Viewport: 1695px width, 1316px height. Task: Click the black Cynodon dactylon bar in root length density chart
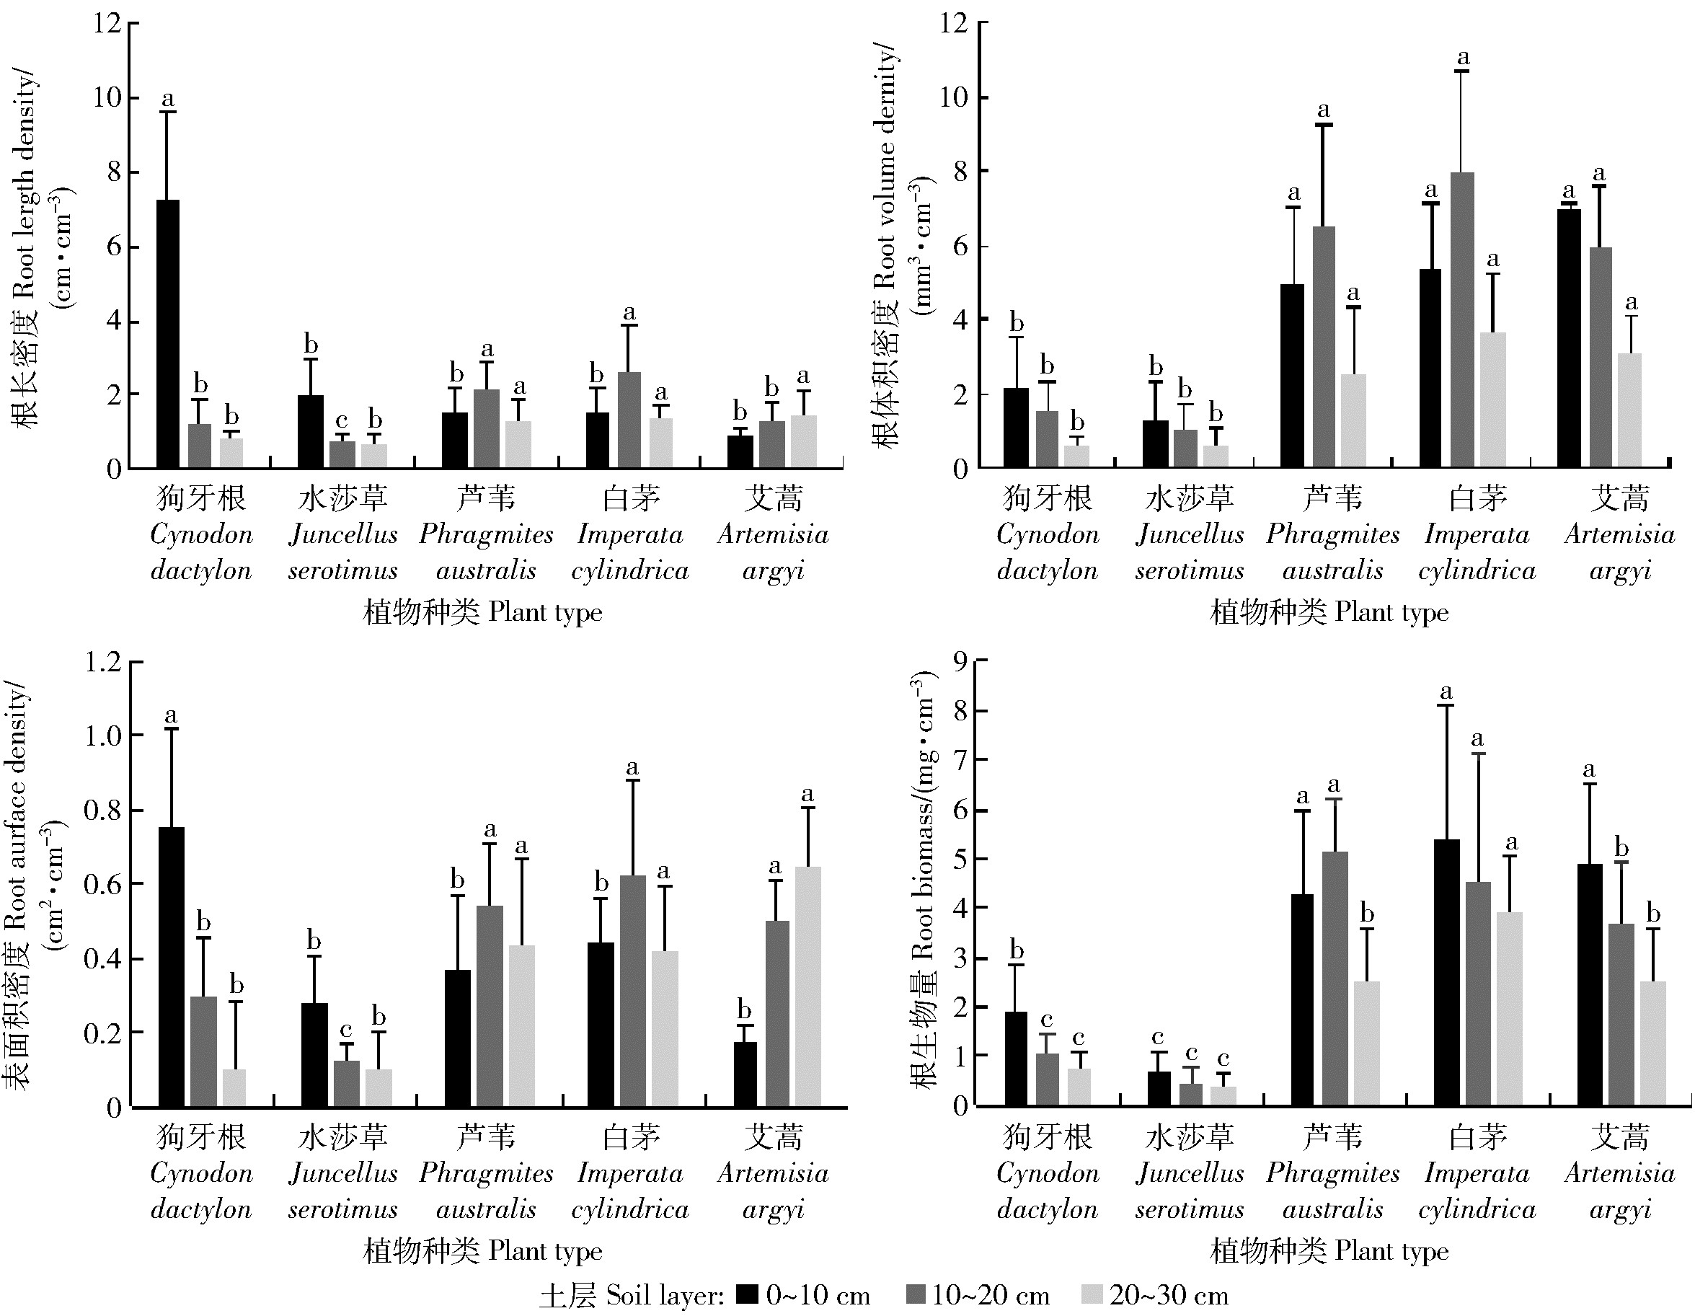(x=168, y=334)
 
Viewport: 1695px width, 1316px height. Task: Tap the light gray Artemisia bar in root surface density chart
(x=808, y=986)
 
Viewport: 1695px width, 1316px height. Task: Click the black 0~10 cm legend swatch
(x=748, y=1294)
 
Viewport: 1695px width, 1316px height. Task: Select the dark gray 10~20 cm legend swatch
(x=916, y=1294)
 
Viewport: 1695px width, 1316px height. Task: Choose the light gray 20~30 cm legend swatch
(x=1092, y=1294)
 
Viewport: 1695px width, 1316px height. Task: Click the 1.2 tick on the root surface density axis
(x=103, y=662)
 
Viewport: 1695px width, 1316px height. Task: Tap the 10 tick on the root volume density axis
(x=954, y=98)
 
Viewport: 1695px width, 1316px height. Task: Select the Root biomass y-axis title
(x=924, y=878)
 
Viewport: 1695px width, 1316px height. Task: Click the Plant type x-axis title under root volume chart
(x=1329, y=613)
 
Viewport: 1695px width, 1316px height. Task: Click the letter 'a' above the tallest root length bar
(x=168, y=100)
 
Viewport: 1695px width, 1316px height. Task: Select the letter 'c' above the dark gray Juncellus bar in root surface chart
(x=346, y=1030)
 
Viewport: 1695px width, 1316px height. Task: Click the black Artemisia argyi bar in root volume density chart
(x=1569, y=338)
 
